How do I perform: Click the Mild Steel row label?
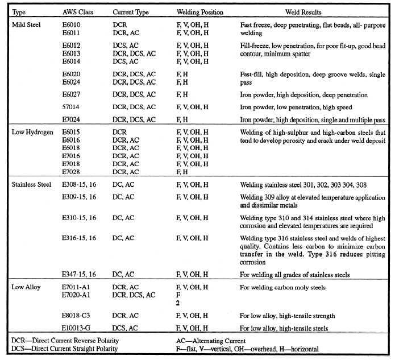(x=26, y=26)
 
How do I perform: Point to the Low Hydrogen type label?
(x=32, y=132)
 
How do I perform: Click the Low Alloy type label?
(x=26, y=288)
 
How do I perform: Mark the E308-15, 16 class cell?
(x=80, y=185)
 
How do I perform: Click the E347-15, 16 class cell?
(x=80, y=275)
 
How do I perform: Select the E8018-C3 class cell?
(x=77, y=316)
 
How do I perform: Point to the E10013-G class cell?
(x=78, y=328)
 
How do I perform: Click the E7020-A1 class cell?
(x=77, y=295)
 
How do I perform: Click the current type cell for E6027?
(x=134, y=95)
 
